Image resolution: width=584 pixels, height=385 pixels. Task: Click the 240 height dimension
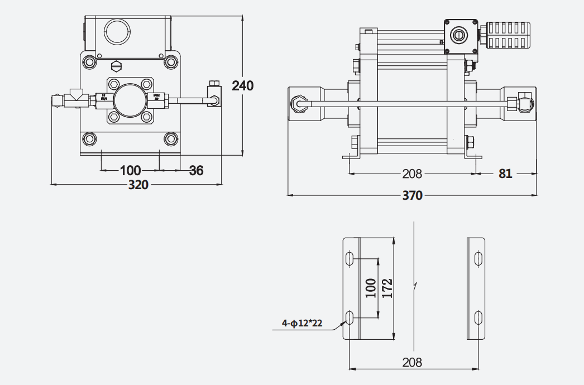(x=243, y=85)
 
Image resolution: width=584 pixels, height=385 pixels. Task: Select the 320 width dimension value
(x=138, y=184)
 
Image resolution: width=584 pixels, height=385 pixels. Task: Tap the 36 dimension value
(x=196, y=170)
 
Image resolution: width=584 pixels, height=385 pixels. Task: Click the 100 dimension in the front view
(x=130, y=170)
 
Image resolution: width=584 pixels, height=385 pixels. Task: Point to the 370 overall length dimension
(x=412, y=195)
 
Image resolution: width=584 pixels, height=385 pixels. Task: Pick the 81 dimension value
(x=505, y=174)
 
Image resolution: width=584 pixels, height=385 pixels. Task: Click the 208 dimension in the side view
(x=412, y=174)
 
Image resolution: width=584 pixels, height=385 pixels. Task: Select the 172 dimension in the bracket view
(x=387, y=288)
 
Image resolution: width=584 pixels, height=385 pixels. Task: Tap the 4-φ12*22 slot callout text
(x=302, y=323)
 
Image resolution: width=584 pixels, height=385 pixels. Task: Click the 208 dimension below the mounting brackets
(x=412, y=363)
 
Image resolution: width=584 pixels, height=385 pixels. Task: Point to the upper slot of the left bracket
(x=350, y=258)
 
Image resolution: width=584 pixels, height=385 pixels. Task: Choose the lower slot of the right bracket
(x=478, y=318)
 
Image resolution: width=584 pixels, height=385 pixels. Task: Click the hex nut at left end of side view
(x=299, y=104)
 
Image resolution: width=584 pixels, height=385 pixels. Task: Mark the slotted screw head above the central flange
(x=117, y=66)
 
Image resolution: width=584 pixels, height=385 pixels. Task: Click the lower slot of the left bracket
(x=350, y=318)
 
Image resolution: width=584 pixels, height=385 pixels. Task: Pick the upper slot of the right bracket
(x=478, y=258)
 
